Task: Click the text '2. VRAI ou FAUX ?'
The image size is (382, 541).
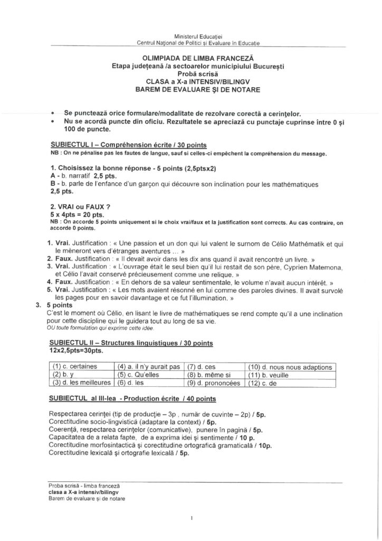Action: pyautogui.click(x=80, y=206)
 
